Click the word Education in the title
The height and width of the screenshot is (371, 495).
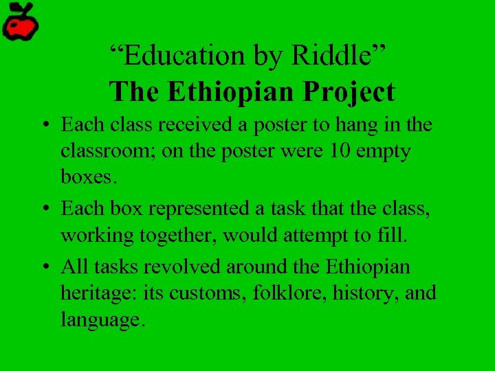175,56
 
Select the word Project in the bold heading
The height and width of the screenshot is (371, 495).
353,92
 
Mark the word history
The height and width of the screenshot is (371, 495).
365,293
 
